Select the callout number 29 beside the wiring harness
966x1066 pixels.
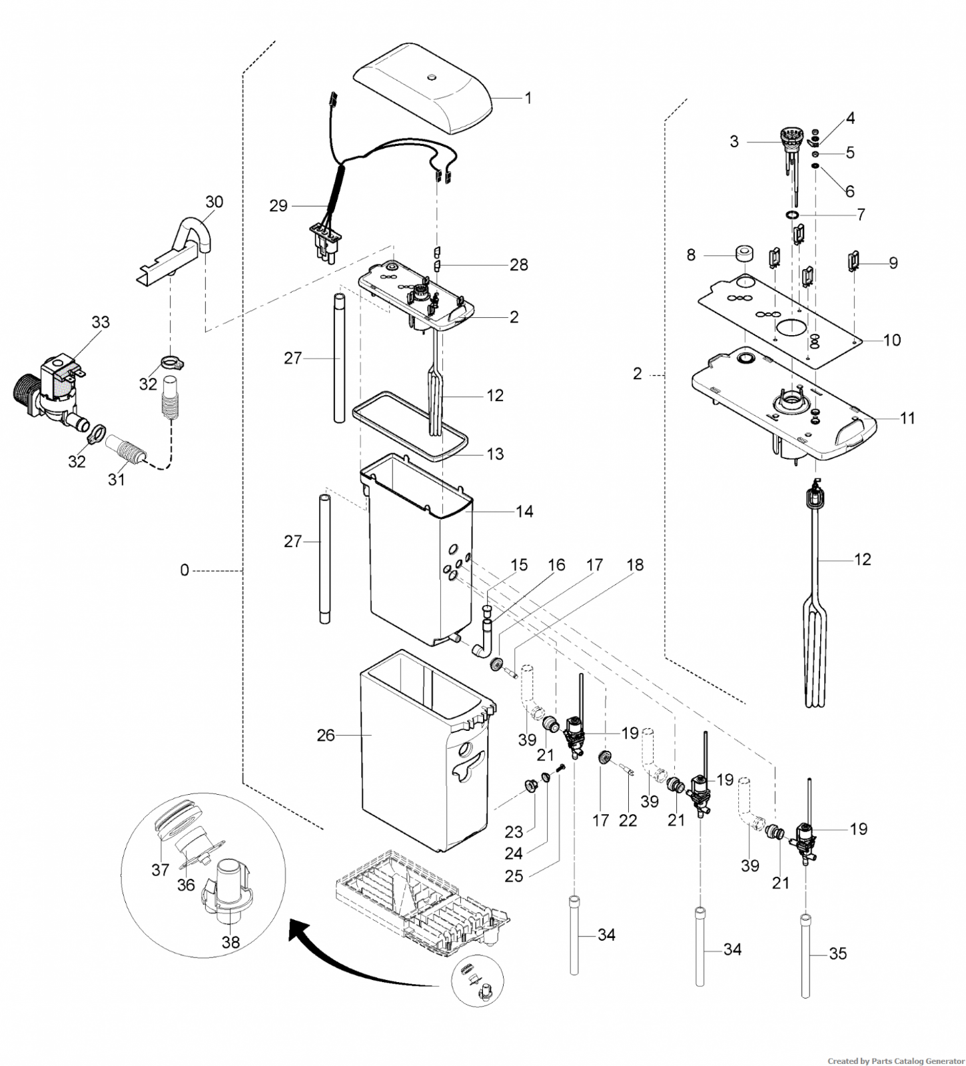click(x=278, y=206)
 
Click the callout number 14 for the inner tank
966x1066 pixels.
click(x=524, y=511)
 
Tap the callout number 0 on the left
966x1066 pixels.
click(x=185, y=571)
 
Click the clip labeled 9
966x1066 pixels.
click(x=853, y=261)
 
